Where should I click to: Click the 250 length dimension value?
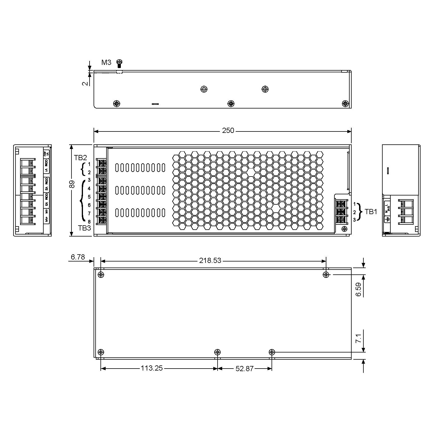[x=228, y=131]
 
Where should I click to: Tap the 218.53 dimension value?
[x=210, y=260]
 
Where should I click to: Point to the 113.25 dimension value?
[x=152, y=368]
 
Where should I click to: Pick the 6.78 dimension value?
[x=78, y=257]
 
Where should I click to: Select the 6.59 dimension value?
[x=359, y=290]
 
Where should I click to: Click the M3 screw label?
[x=106, y=62]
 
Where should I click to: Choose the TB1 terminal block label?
[x=371, y=212]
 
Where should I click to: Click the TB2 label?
[x=80, y=158]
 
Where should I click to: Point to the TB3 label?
[x=84, y=228]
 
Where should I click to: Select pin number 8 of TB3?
[x=89, y=222]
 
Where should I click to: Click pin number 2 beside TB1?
[x=354, y=212]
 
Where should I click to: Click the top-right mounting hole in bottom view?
[x=326, y=275]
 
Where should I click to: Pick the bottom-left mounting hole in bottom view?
[x=101, y=352]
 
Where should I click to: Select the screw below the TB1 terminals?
[x=344, y=228]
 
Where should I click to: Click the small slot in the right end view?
[x=388, y=171]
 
